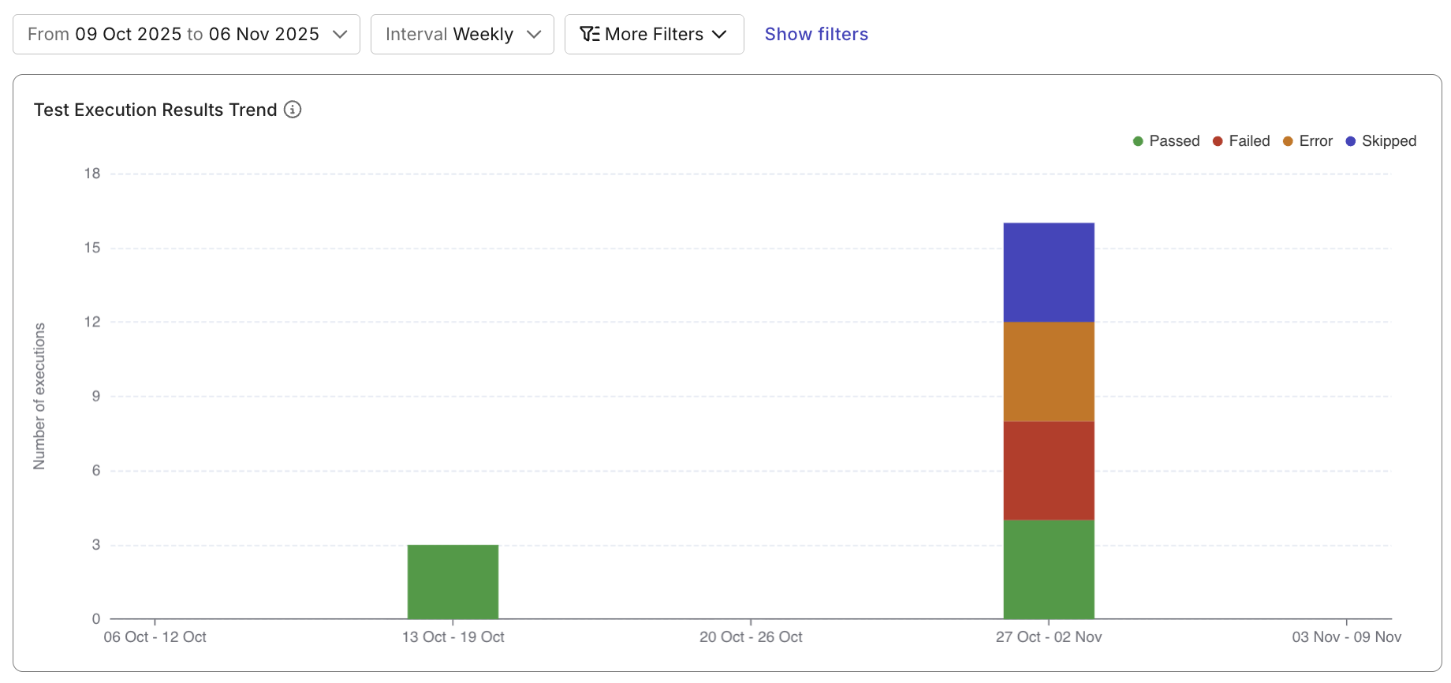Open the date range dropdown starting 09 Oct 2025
click(x=186, y=35)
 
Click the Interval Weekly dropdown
click(x=462, y=35)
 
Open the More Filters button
click(x=654, y=35)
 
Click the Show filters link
click(x=816, y=35)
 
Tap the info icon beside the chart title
click(x=293, y=110)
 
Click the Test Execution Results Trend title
click(x=155, y=110)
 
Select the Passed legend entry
click(x=1166, y=141)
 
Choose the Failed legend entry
click(x=1242, y=141)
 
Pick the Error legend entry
click(x=1308, y=141)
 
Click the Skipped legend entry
click(x=1382, y=141)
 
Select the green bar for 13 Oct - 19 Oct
click(x=453, y=582)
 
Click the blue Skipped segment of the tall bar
click(x=1048, y=272)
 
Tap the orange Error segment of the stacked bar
click(x=1048, y=371)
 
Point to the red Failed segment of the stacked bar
click(x=1048, y=471)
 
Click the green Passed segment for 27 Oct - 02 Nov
click(x=1048, y=569)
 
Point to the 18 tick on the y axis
click(x=92, y=174)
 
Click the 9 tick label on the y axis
click(x=95, y=396)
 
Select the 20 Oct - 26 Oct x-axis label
click(x=751, y=637)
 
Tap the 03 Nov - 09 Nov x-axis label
click(x=1346, y=637)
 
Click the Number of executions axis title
click(x=39, y=396)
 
